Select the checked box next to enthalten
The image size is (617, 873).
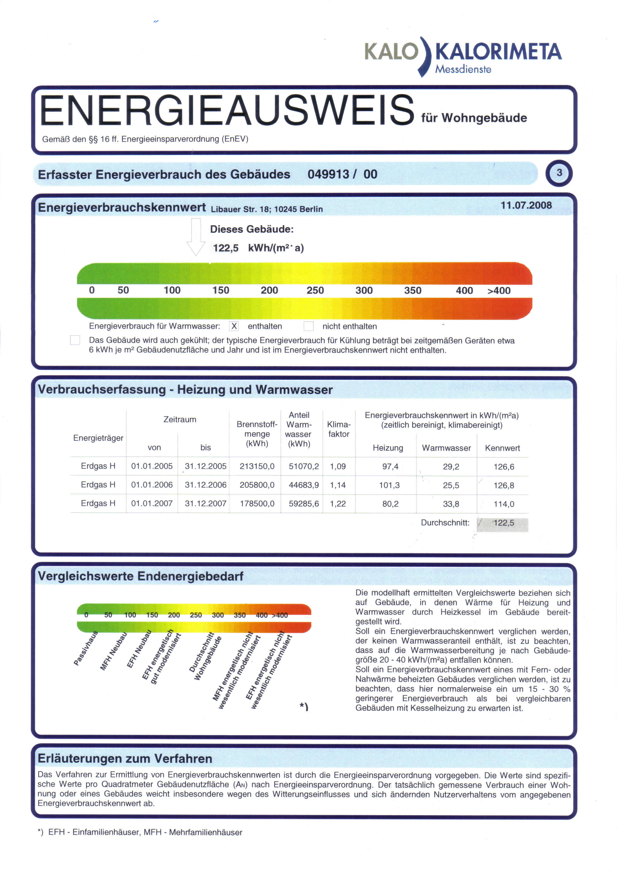pos(234,326)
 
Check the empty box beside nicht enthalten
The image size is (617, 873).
pos(308,326)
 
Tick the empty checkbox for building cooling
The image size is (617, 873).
pos(75,340)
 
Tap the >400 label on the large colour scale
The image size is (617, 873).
pos(499,291)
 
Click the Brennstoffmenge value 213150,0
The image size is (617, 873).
pos(257,466)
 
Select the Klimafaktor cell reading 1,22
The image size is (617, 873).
pos(338,504)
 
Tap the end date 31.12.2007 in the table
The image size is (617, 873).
pos(206,504)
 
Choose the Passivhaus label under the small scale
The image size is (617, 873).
pos(86,648)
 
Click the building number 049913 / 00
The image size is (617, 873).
pos(342,174)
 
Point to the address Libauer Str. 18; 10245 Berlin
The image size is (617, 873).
pos(267,209)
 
